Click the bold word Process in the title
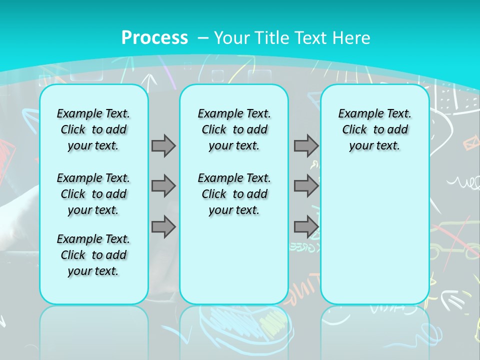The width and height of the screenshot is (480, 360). tap(154, 38)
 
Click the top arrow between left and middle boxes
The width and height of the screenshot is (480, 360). tap(163, 145)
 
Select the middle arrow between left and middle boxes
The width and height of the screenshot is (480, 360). tap(163, 186)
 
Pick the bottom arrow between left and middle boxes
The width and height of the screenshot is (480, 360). tap(163, 227)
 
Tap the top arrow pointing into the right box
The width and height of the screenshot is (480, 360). tap(306, 145)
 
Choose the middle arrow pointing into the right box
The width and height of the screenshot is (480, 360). tap(306, 186)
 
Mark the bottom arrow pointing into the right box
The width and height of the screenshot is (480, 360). tap(306, 227)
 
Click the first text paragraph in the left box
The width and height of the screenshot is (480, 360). tap(93, 129)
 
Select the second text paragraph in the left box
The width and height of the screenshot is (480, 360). tap(93, 194)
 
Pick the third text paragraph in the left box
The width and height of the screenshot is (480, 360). tap(93, 255)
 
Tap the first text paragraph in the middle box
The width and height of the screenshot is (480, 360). tap(234, 129)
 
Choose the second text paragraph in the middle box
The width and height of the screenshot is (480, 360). tap(234, 194)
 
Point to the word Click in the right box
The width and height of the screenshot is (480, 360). tap(354, 130)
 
